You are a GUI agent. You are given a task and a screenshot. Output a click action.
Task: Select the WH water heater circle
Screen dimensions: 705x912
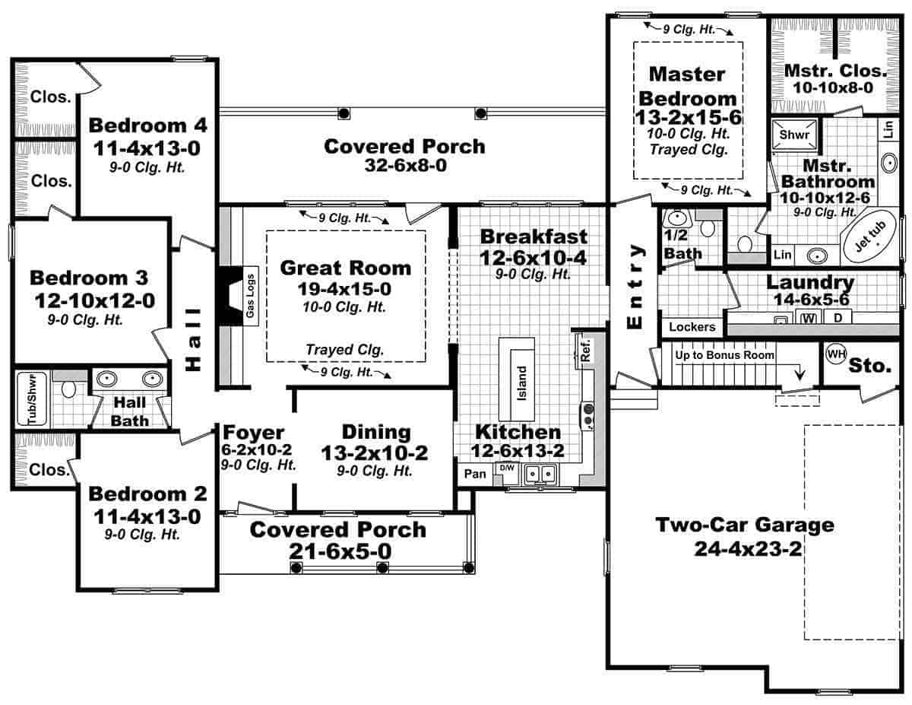836,354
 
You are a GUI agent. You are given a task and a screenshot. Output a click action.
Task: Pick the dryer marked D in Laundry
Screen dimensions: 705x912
838,317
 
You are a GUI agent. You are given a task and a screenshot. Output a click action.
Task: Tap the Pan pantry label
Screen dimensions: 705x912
475,474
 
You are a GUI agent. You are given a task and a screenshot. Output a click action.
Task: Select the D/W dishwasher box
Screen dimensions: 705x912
506,468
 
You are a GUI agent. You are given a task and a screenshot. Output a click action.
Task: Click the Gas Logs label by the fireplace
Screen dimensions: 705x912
250,294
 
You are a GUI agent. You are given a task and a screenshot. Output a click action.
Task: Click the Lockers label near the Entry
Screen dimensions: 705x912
692,327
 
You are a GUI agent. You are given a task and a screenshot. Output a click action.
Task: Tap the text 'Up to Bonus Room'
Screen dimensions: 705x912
723,355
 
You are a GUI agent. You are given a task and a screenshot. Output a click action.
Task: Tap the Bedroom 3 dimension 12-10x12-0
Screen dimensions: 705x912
94,301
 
